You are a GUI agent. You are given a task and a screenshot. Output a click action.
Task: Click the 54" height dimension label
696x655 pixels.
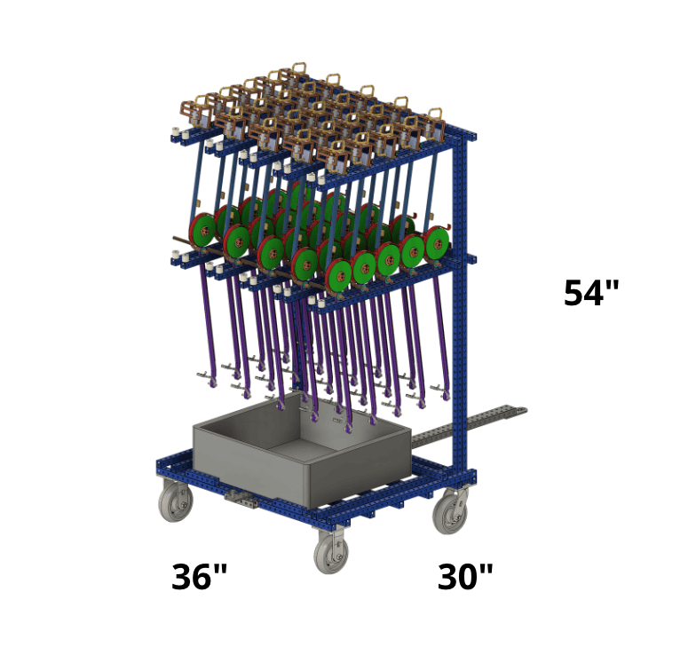click(x=591, y=293)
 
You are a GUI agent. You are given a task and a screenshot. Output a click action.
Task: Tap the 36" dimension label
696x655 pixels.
click(x=199, y=577)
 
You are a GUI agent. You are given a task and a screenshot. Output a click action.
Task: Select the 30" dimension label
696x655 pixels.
click(x=465, y=577)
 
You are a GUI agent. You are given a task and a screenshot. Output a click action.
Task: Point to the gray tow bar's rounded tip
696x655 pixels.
click(x=523, y=410)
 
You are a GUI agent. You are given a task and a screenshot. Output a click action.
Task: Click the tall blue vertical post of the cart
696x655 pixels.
click(x=460, y=302)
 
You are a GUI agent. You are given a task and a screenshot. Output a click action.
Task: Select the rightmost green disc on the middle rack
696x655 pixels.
click(x=437, y=243)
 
